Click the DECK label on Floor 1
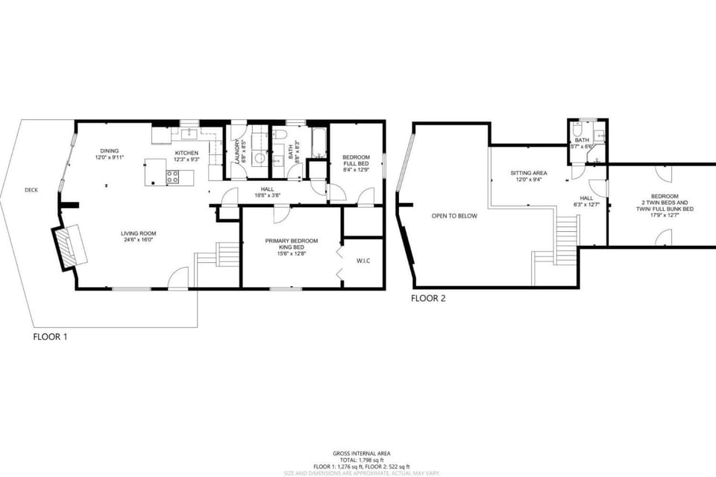tap(31, 190)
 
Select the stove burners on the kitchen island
tap(172, 177)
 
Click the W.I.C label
tap(364, 261)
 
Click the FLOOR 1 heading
tap(50, 337)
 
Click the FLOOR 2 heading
tap(428, 298)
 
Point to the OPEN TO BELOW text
tap(454, 216)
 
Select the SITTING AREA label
tap(529, 176)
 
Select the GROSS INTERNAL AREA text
tap(361, 453)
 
